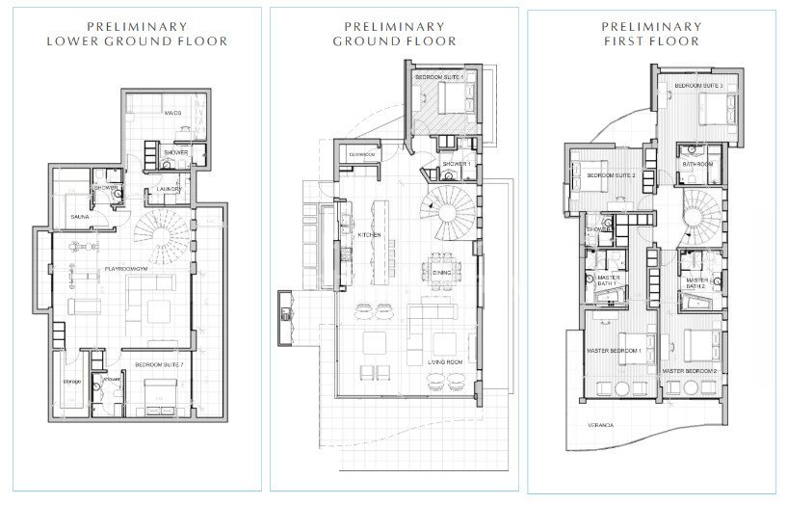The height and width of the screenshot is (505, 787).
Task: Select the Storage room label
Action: pos(70,380)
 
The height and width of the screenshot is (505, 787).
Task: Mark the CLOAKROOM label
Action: pos(361,154)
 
